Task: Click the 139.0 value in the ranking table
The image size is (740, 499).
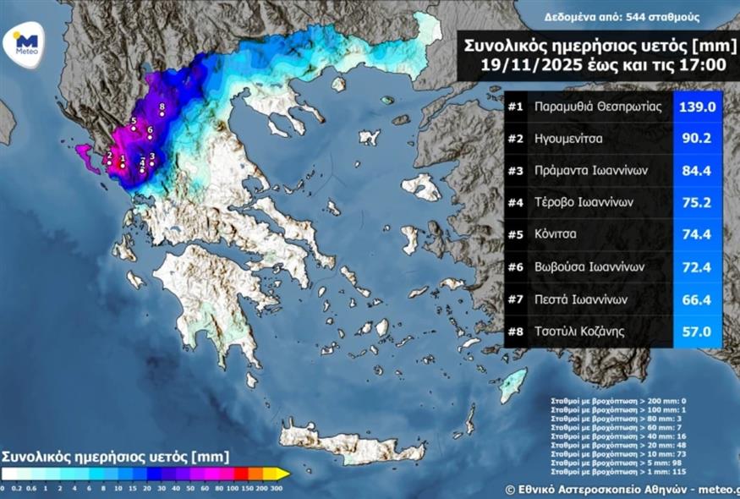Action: (x=698, y=107)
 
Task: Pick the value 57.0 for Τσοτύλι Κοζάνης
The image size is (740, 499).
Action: (x=698, y=332)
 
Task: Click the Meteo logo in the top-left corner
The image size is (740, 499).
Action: (x=25, y=42)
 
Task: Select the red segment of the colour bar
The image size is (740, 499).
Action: (x=241, y=474)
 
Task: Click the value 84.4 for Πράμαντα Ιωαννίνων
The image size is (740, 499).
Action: (x=698, y=171)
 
